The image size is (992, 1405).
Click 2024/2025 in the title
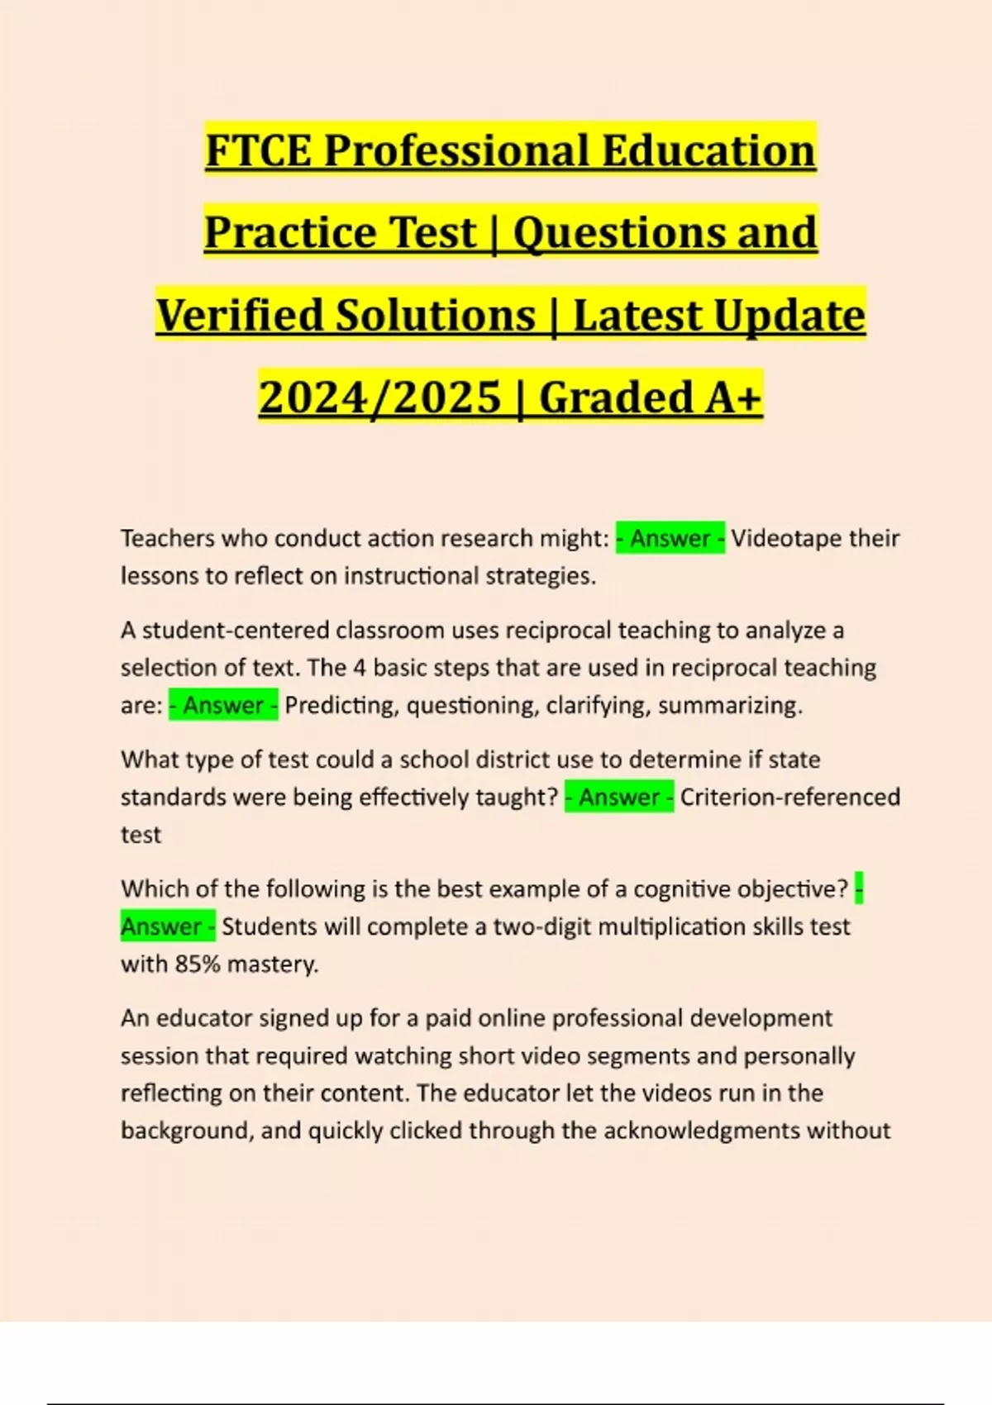tap(379, 398)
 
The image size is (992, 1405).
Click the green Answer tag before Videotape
tap(670, 539)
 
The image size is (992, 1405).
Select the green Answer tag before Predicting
tap(223, 706)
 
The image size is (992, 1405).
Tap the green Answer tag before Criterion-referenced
tap(619, 798)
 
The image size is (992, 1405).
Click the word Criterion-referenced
tap(789, 798)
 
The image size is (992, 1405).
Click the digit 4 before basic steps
tap(359, 668)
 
